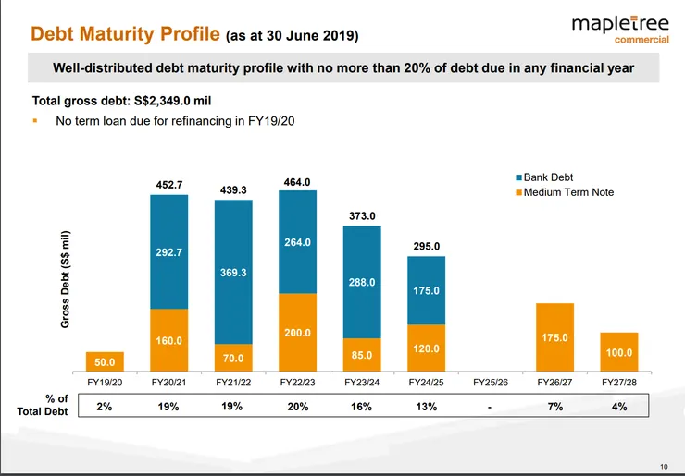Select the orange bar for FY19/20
pyautogui.click(x=105, y=360)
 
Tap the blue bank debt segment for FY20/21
pyautogui.click(x=168, y=250)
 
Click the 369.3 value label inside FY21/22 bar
pyautogui.click(x=233, y=274)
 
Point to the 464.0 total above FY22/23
pyautogui.click(x=297, y=181)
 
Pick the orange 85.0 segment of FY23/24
pyautogui.click(x=362, y=354)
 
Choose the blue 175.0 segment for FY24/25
pyautogui.click(x=427, y=290)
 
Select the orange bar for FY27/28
pyautogui.click(x=619, y=351)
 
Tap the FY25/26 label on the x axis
pyautogui.click(x=491, y=381)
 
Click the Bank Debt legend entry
pyautogui.click(x=551, y=177)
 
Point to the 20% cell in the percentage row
pyautogui.click(x=297, y=407)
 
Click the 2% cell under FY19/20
pyautogui.click(x=105, y=407)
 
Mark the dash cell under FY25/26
pyautogui.click(x=491, y=407)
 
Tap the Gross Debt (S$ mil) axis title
pyautogui.click(x=66, y=278)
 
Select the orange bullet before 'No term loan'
pyautogui.click(x=35, y=120)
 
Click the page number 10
pyautogui.click(x=664, y=465)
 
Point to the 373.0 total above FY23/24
pyautogui.click(x=362, y=216)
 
